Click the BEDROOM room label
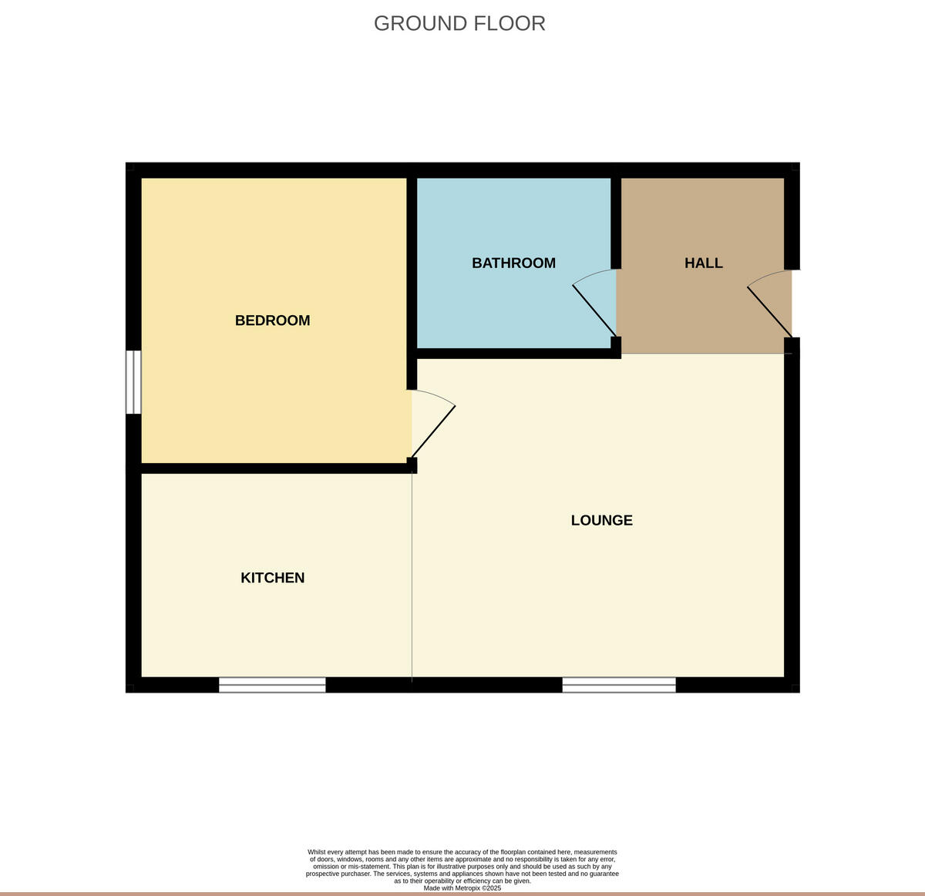coord(272,320)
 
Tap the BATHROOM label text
coord(513,263)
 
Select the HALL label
coord(703,263)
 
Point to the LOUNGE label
coord(601,520)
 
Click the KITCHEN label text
coord(272,578)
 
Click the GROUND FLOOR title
coord(459,23)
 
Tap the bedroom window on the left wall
coord(134,382)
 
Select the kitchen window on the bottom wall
coord(272,685)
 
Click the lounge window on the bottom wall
coord(618,685)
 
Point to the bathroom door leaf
coord(594,311)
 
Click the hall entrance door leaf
coord(769,312)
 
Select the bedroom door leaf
coord(434,431)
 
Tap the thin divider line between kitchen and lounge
coord(412,578)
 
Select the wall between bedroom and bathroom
coord(412,262)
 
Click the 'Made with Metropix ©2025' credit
coord(462,888)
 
